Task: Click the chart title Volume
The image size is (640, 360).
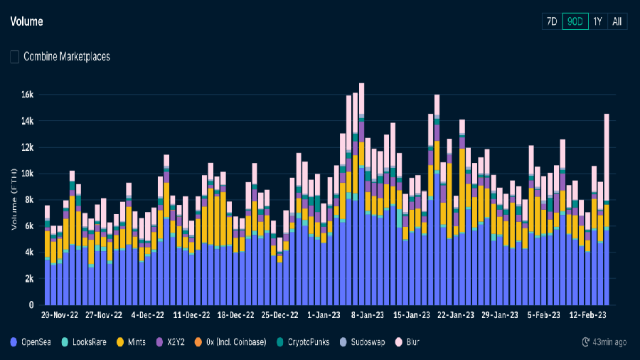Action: pyautogui.click(x=26, y=21)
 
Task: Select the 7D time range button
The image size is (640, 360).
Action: pyautogui.click(x=551, y=21)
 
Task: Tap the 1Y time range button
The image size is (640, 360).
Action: pyautogui.click(x=597, y=21)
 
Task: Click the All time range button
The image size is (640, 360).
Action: pyautogui.click(x=617, y=21)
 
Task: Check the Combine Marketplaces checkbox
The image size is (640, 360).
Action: pyautogui.click(x=15, y=56)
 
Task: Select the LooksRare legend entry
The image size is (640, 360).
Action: pyautogui.click(x=89, y=342)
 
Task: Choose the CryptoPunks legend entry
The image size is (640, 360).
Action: pyautogui.click(x=308, y=342)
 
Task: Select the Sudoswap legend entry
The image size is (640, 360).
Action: pyautogui.click(x=367, y=342)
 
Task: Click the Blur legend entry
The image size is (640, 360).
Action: pyautogui.click(x=412, y=342)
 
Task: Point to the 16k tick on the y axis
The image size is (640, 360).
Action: pyautogui.click(x=27, y=95)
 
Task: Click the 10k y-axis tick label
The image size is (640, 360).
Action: pyautogui.click(x=27, y=174)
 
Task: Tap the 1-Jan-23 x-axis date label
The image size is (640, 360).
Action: pyautogui.click(x=324, y=314)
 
